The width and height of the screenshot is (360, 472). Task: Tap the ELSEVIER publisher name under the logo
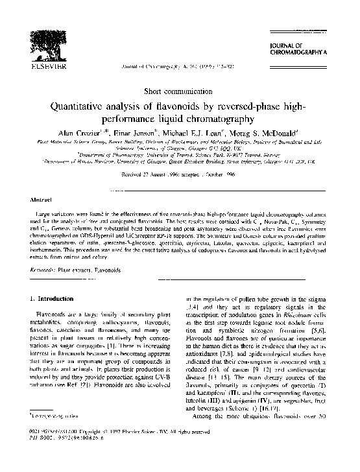point(46,66)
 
